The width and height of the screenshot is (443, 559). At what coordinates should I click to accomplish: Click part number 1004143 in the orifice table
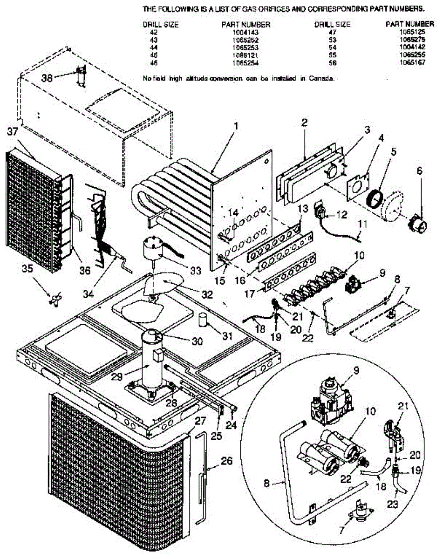click(x=246, y=33)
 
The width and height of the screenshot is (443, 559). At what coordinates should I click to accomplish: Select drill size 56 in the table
click(x=332, y=62)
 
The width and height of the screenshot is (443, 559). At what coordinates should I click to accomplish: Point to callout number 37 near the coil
click(x=12, y=132)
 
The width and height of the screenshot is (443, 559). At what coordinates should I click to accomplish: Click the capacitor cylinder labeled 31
click(x=202, y=320)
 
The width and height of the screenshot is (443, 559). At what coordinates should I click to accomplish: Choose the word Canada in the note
click(x=323, y=79)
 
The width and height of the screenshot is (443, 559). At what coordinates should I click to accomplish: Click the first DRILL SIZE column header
click(x=161, y=25)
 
